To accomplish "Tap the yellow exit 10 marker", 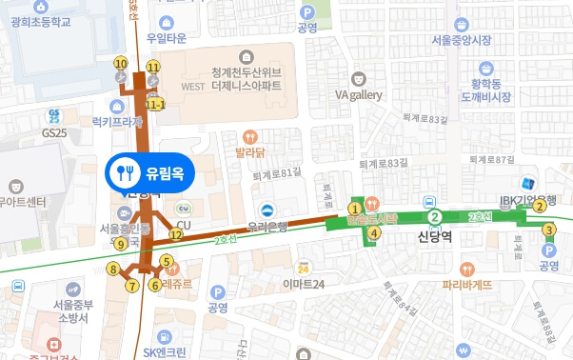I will (120, 64).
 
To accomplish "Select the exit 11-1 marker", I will (154, 104).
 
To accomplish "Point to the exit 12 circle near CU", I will (176, 234).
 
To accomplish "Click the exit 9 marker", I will (120, 244).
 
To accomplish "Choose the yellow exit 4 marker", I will (375, 232).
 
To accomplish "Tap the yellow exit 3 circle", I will (548, 230).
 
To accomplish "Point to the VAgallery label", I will (359, 95).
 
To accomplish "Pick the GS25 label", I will (57, 131).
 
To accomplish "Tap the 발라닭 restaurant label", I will (249, 150).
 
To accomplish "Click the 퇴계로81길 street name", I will (276, 171).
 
